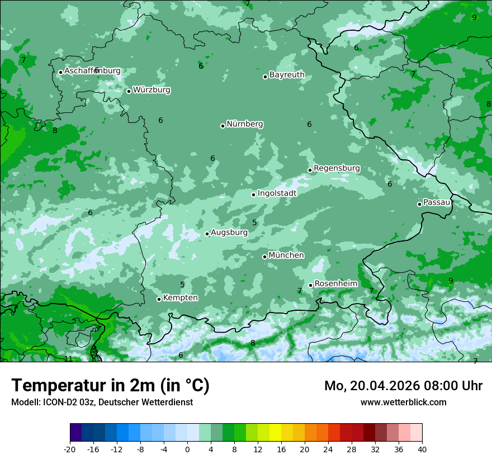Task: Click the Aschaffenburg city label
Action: tap(92, 71)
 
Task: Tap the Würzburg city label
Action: tap(152, 90)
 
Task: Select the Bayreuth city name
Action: tap(287, 75)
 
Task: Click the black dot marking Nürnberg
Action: tap(223, 126)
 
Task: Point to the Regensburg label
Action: tap(337, 168)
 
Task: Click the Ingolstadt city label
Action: tap(277, 193)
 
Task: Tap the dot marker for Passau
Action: tap(419, 204)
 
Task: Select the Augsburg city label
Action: tap(229, 233)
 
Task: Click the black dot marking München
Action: tap(264, 257)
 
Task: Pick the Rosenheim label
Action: tap(335, 284)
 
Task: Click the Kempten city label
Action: tap(180, 298)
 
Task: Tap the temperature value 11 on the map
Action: tap(68, 359)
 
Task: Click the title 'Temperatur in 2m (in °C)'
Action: tap(110, 386)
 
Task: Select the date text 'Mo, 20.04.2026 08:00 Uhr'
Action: tap(403, 386)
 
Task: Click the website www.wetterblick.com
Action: tap(403, 402)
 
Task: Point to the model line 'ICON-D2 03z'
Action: tap(102, 402)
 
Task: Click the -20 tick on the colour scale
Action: tap(70, 449)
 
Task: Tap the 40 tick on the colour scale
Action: tap(422, 449)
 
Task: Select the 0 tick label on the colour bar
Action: tap(187, 449)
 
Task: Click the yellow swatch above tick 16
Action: tap(275, 433)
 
